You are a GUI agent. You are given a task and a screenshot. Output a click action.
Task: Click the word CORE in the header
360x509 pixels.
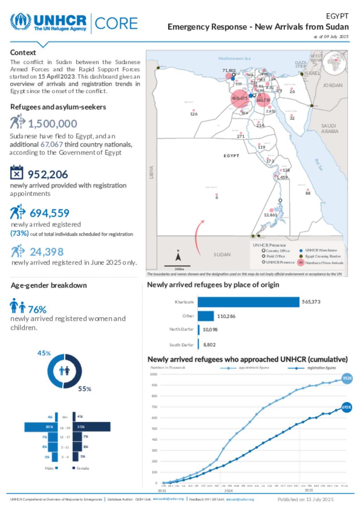(116, 24)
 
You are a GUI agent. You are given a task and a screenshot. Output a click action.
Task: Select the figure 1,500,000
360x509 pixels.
(52, 124)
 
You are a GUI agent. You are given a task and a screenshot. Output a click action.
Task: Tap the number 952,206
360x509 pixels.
(48, 175)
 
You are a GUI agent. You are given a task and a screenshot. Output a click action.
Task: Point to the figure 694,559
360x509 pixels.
(49, 213)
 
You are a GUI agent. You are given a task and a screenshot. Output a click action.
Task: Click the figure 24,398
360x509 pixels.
(46, 252)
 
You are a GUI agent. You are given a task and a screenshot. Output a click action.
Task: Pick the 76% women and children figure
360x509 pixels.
(37, 309)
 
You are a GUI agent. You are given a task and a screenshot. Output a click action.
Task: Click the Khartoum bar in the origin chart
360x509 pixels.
(248, 302)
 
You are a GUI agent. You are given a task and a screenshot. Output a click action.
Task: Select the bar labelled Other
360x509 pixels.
(206, 316)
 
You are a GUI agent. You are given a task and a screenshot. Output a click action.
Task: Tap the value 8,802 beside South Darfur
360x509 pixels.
(209, 345)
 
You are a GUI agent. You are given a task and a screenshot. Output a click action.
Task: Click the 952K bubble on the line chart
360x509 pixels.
(347, 378)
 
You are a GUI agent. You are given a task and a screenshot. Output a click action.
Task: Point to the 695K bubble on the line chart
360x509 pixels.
(347, 407)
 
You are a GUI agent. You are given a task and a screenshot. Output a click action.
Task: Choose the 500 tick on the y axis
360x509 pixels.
(154, 429)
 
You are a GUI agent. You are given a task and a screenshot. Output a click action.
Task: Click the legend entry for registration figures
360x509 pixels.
(321, 368)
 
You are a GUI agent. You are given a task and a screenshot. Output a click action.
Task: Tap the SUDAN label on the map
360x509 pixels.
(222, 254)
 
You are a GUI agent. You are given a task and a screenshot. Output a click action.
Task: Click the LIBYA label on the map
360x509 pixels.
(152, 172)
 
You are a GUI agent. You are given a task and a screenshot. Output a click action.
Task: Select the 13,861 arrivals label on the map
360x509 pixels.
(270, 215)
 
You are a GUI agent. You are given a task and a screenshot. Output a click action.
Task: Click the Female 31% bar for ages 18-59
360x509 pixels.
(91, 427)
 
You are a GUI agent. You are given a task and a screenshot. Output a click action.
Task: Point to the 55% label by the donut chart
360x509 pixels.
(84, 389)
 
